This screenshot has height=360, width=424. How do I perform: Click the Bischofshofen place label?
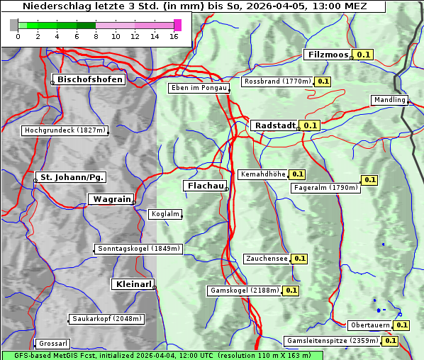tap(90, 79)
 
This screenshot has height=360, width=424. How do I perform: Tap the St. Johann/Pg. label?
tap(72, 176)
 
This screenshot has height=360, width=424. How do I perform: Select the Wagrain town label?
tap(111, 199)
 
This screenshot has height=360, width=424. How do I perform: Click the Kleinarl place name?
tap(133, 284)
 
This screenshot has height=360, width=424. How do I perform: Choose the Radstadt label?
tap(274, 125)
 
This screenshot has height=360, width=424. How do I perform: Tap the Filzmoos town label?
tap(328, 55)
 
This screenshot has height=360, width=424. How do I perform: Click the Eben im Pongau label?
tap(199, 88)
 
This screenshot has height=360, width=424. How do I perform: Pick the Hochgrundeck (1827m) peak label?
tap(65, 130)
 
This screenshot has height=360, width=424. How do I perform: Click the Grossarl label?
tap(52, 344)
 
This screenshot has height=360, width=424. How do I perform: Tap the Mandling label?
tap(389, 100)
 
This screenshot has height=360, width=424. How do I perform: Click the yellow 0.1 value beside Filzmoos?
tap(364, 55)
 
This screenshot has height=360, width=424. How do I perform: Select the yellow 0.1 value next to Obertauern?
tap(402, 325)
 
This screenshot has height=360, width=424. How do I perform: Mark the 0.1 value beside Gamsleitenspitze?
tap(391, 341)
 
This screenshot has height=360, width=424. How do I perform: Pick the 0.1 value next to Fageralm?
tap(369, 180)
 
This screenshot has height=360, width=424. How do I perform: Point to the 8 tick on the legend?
tap(96, 35)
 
